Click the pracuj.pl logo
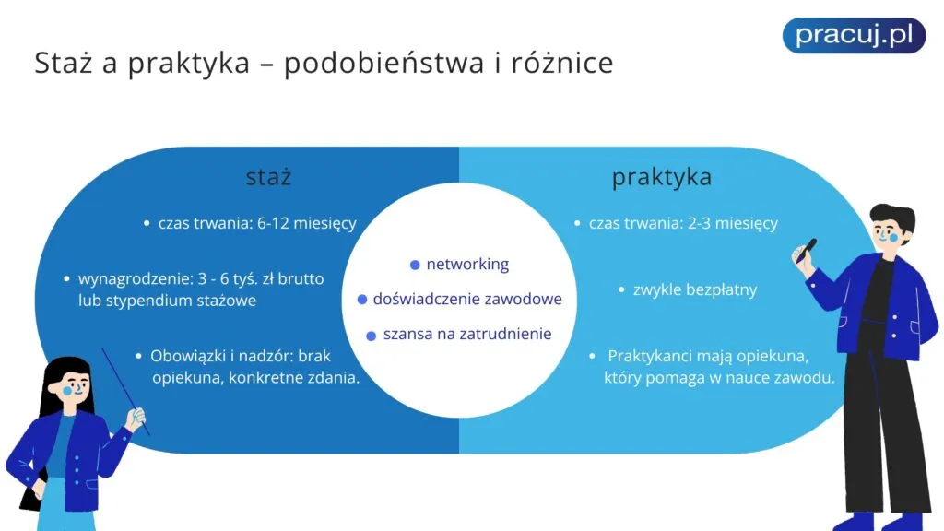(x=854, y=35)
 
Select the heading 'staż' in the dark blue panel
(x=268, y=177)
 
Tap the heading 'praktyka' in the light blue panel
(x=662, y=177)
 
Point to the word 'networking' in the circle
(x=467, y=264)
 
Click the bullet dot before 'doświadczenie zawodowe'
(x=363, y=300)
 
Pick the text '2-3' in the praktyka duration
(x=697, y=223)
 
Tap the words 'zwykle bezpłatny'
(x=695, y=289)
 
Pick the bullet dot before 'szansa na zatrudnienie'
(x=371, y=336)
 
